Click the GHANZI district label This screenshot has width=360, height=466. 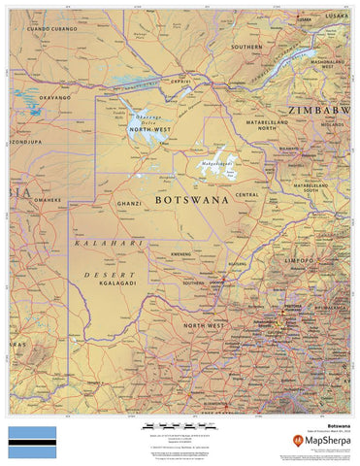(128, 204)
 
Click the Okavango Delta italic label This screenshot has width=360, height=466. (141, 118)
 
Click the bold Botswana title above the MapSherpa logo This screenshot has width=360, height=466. (337, 425)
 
